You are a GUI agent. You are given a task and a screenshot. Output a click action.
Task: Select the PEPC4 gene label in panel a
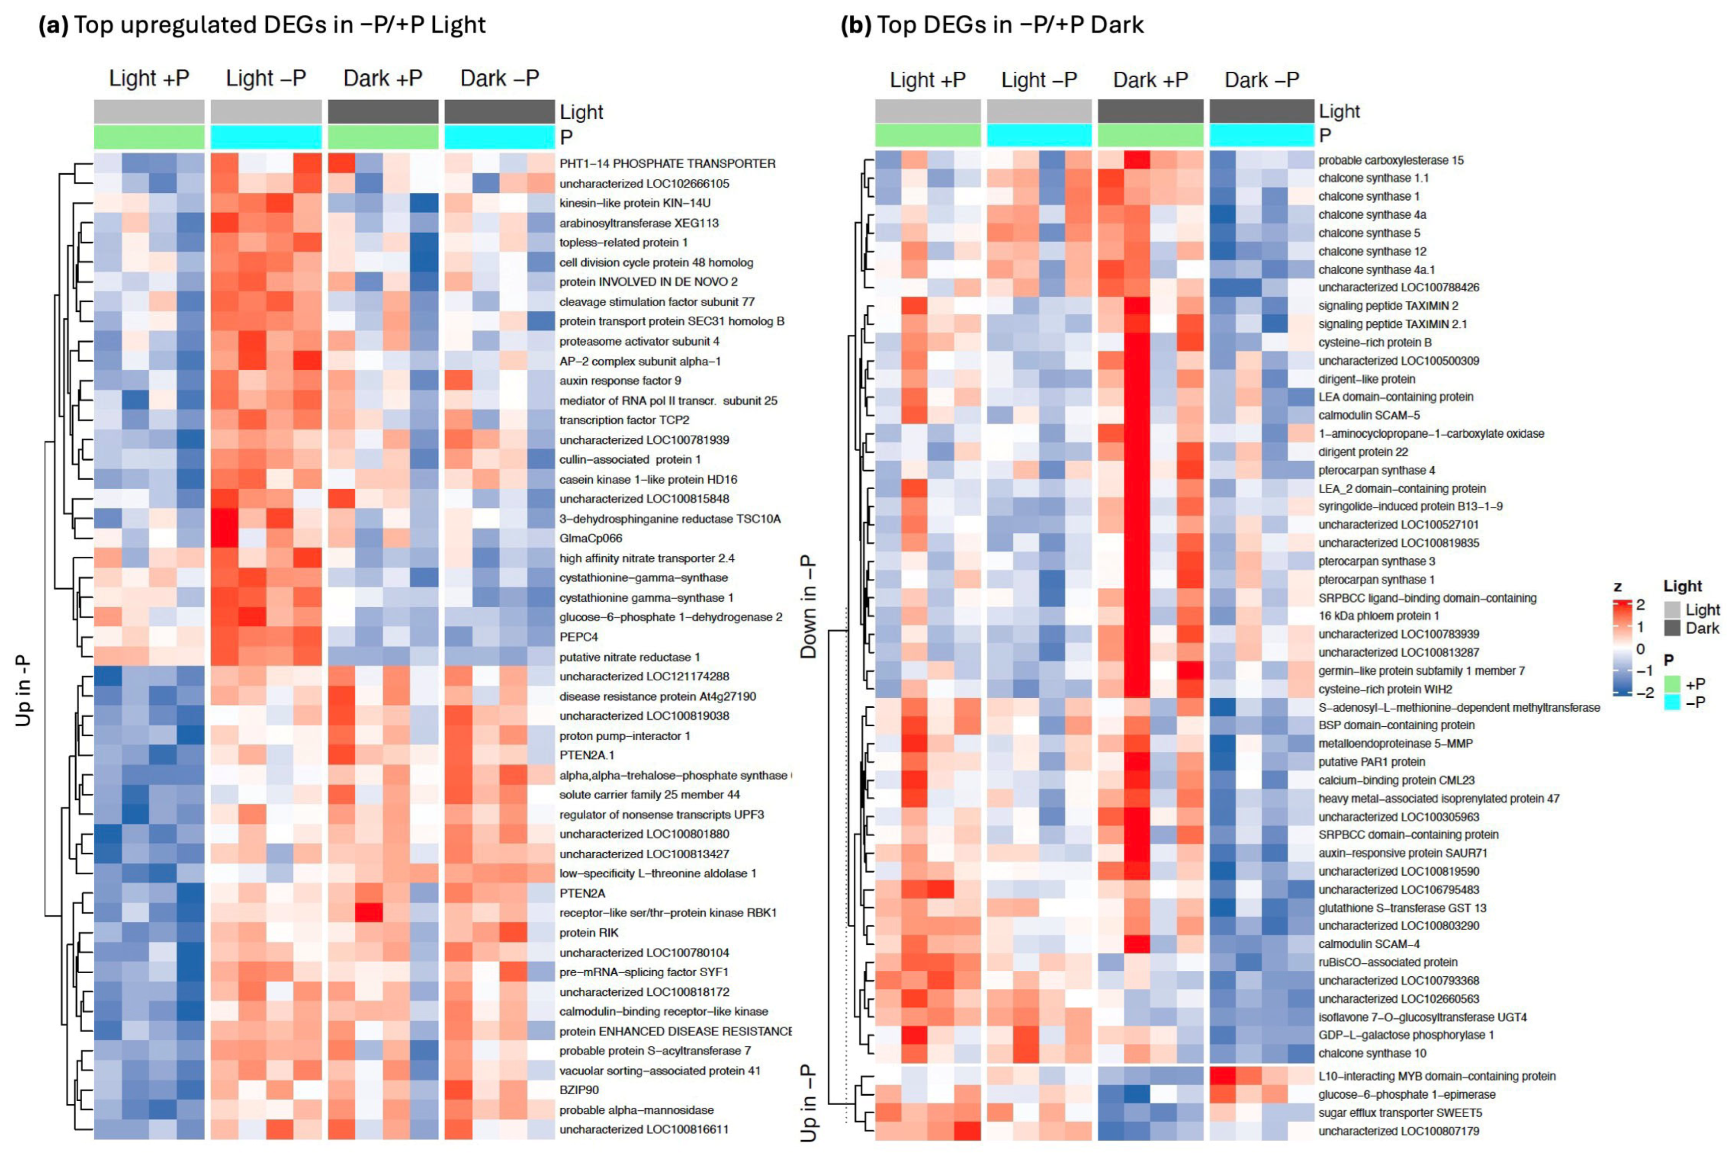[578, 637]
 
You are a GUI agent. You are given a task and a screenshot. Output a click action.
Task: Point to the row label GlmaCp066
[590, 538]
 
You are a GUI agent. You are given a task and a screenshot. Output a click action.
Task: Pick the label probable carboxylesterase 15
[1390, 160]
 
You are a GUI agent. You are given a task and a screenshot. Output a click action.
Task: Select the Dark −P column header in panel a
[499, 78]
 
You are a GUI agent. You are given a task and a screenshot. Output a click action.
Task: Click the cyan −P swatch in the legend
[1672, 702]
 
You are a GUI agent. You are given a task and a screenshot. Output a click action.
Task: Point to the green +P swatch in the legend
[1672, 683]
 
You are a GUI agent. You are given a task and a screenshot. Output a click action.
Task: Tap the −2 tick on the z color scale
[1645, 692]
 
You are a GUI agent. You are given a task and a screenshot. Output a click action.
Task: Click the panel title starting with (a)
[262, 25]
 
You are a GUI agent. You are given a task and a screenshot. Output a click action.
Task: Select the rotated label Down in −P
[808, 606]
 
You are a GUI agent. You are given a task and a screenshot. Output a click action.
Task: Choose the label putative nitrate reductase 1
[629, 657]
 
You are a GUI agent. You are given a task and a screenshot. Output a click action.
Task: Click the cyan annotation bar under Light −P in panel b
[1039, 135]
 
